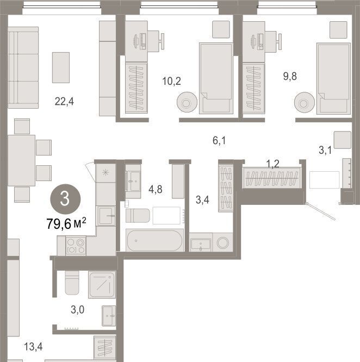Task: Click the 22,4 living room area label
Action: (x=64, y=101)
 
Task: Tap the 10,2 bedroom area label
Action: (x=172, y=81)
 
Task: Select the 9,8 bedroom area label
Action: (x=290, y=76)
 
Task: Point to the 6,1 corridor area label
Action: (x=219, y=140)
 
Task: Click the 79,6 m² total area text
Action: (x=66, y=223)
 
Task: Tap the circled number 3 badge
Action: (x=65, y=199)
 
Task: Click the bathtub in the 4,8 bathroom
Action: (x=155, y=240)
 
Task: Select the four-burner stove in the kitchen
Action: (x=76, y=246)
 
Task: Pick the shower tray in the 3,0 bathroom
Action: (x=102, y=285)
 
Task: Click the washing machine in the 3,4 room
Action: (x=222, y=242)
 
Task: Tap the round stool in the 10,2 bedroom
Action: (x=187, y=102)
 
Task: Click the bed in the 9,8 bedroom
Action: (x=333, y=78)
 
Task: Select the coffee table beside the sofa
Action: (x=61, y=67)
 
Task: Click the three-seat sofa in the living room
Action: (x=23, y=67)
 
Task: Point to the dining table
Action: (x=21, y=160)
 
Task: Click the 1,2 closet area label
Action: (x=272, y=164)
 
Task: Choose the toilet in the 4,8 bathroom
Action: (x=138, y=216)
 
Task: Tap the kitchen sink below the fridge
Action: (x=106, y=216)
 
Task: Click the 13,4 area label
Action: (x=33, y=346)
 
